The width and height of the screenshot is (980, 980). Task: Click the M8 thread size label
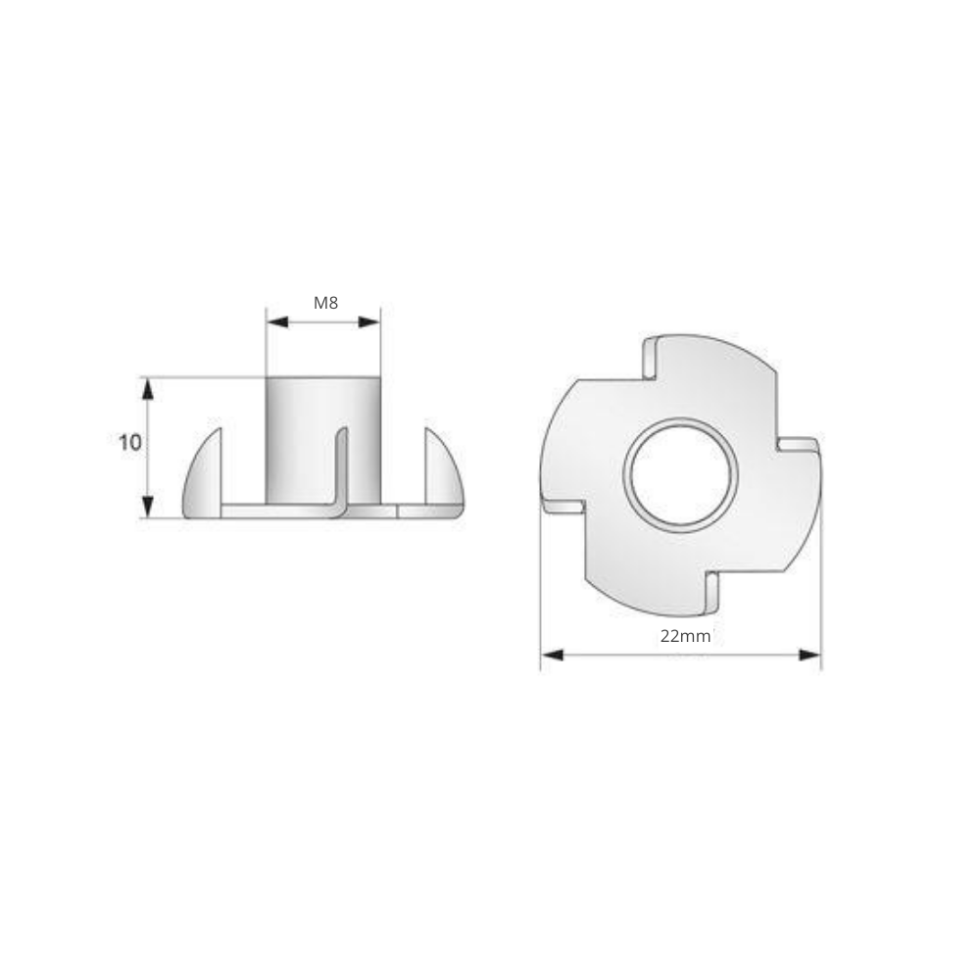click(325, 303)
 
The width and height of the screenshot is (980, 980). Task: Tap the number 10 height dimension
click(130, 443)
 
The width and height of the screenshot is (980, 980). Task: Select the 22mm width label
click(685, 636)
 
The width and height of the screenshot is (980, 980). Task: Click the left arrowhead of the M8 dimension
click(277, 322)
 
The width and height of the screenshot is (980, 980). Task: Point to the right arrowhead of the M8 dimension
click(368, 322)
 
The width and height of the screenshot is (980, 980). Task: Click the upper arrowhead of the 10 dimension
click(148, 389)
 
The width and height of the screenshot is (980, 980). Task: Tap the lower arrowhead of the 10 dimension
click(148, 507)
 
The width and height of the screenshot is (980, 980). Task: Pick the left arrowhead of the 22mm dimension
click(553, 655)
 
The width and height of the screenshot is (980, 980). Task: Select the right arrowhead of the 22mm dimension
click(809, 655)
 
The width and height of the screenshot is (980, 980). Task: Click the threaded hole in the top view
click(681, 475)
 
